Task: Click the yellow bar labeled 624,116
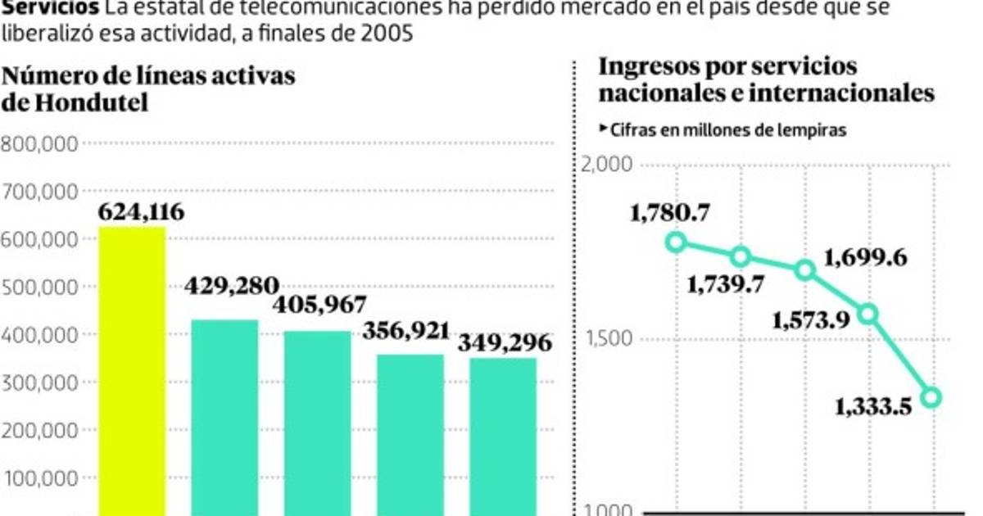click(x=132, y=369)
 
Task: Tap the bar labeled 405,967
click(x=317, y=422)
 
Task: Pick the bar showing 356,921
click(x=410, y=434)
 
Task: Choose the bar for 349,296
click(x=503, y=436)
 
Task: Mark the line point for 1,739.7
click(x=741, y=256)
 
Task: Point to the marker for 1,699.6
click(x=805, y=269)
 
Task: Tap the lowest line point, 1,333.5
click(x=932, y=397)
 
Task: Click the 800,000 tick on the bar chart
click(x=40, y=144)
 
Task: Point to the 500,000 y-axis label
click(x=40, y=287)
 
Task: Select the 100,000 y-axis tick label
click(x=40, y=478)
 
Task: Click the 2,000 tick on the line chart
click(x=606, y=164)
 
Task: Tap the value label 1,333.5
click(x=874, y=406)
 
